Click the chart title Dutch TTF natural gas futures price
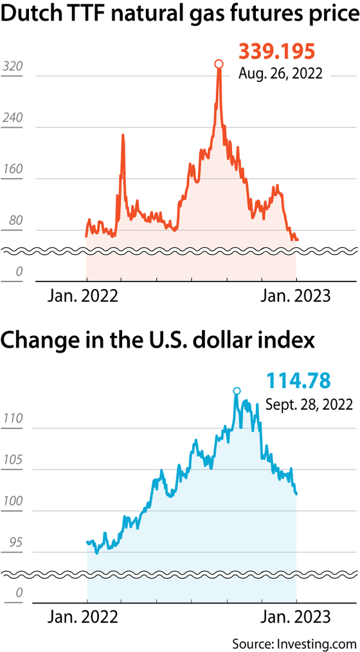[180, 16]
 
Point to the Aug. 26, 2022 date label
[280, 74]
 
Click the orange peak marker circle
[219, 64]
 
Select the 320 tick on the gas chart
[12, 67]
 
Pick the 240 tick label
[12, 118]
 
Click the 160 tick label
[12, 169]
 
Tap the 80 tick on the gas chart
[15, 220]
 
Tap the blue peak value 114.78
[298, 380]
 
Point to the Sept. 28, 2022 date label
[309, 404]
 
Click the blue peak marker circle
[237, 391]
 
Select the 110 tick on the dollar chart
[12, 419]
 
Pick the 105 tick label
[12, 460]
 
